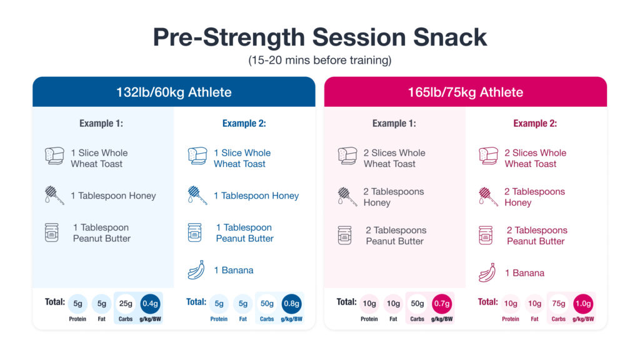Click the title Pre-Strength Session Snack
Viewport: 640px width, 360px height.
click(x=320, y=37)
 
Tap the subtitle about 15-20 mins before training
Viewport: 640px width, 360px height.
click(x=320, y=61)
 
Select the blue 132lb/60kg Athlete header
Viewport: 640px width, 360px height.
click(x=174, y=92)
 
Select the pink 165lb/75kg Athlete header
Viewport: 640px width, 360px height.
click(x=465, y=92)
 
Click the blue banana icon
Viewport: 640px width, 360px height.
click(x=197, y=271)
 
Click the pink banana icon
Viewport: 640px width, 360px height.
click(x=487, y=273)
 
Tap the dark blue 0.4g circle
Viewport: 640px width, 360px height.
click(x=150, y=304)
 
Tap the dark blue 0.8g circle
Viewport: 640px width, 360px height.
click(x=291, y=304)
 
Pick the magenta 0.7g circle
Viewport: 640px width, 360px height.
click(x=441, y=304)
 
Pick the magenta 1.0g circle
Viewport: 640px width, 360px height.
click(x=583, y=304)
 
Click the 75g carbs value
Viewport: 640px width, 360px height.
click(x=558, y=304)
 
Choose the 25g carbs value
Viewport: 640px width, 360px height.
click(x=126, y=304)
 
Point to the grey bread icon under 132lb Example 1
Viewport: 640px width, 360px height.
click(x=54, y=156)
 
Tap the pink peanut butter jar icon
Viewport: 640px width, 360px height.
click(x=487, y=236)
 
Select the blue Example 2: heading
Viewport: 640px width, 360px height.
click(x=244, y=124)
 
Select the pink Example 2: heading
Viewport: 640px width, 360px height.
click(x=535, y=124)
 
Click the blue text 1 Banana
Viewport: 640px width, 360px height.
click(x=233, y=271)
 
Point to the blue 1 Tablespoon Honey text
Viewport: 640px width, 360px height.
click(x=256, y=196)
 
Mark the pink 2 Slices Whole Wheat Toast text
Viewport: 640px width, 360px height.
click(x=535, y=158)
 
